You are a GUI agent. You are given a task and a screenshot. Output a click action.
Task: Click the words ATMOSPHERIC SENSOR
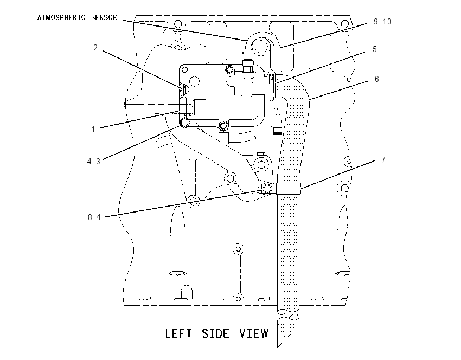pyautogui.click(x=77, y=18)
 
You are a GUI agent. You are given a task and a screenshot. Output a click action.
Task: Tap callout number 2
pyautogui.click(x=95, y=48)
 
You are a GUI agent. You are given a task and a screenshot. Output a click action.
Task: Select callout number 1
pyautogui.click(x=93, y=129)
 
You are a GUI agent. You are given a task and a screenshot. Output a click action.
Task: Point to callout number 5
pyautogui.click(x=375, y=49)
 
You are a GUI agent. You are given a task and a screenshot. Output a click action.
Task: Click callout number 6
pyautogui.click(x=376, y=79)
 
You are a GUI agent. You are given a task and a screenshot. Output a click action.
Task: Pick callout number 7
pyautogui.click(x=383, y=159)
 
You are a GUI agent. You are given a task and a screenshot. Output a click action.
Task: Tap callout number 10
pyautogui.click(x=387, y=22)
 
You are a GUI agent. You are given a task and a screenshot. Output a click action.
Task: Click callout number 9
pyautogui.click(x=376, y=22)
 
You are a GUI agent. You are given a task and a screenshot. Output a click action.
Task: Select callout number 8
pyautogui.click(x=90, y=217)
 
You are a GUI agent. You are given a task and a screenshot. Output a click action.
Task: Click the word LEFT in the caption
pyautogui.click(x=178, y=333)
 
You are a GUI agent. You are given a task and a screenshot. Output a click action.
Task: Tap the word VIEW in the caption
pyautogui.click(x=254, y=333)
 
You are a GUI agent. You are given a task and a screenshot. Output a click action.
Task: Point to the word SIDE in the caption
pyautogui.click(x=215, y=333)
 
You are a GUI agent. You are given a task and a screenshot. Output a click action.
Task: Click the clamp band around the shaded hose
pyautogui.click(x=289, y=188)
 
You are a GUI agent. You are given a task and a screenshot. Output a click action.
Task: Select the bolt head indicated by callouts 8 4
pyautogui.click(x=267, y=188)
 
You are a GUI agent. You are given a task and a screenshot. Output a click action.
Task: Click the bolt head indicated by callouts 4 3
pyautogui.click(x=184, y=122)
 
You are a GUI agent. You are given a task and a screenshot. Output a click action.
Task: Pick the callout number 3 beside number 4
pyautogui.click(x=98, y=162)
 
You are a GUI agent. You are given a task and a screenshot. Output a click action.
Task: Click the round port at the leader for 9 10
pyautogui.click(x=260, y=46)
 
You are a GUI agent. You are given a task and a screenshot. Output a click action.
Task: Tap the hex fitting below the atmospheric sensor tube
pyautogui.click(x=247, y=67)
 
